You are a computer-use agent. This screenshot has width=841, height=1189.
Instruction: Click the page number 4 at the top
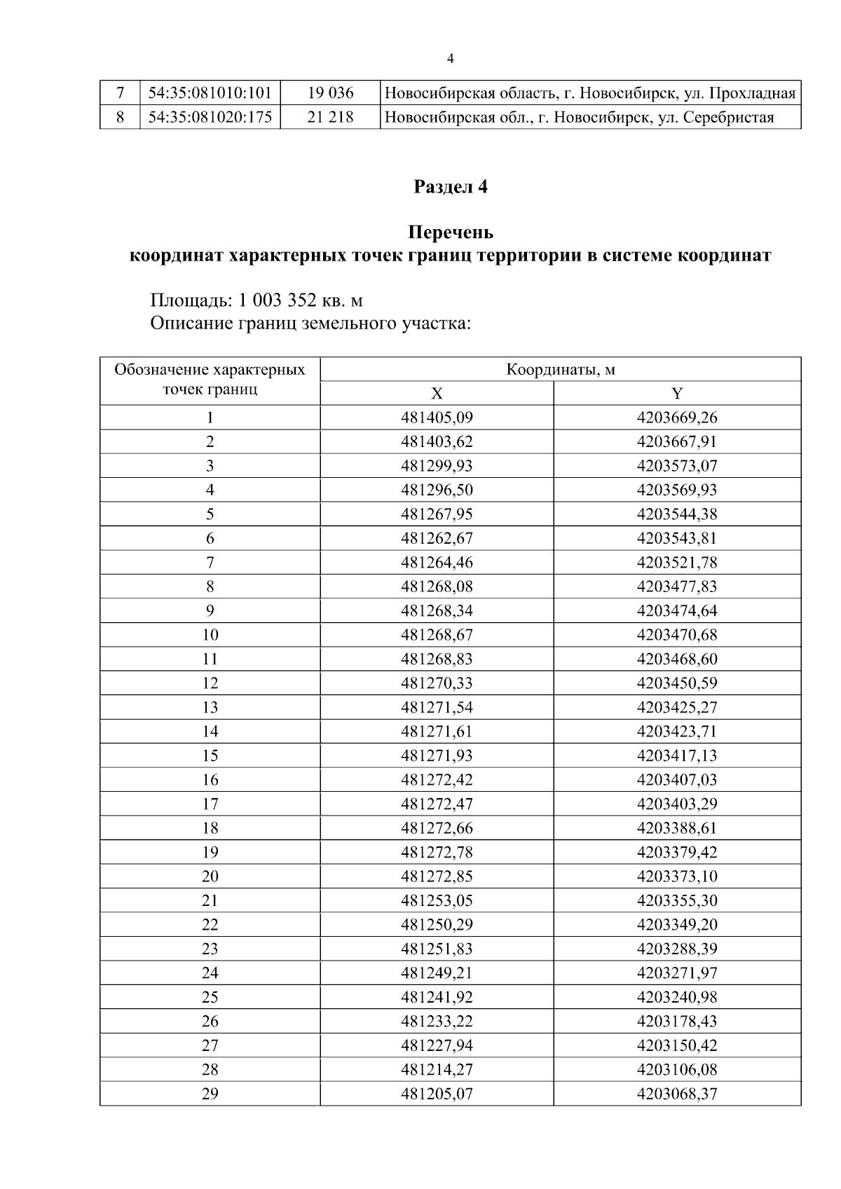[x=450, y=59]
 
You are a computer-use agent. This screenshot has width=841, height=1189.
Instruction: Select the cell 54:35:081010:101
[x=210, y=92]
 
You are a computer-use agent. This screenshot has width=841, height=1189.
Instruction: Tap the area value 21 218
[x=330, y=117]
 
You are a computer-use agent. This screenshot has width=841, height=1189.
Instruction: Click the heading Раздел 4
[x=450, y=187]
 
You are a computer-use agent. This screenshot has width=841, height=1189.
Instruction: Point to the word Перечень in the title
[x=450, y=232]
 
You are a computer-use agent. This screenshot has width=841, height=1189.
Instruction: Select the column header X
[x=437, y=394]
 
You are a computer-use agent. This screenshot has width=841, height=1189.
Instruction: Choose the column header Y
[x=677, y=394]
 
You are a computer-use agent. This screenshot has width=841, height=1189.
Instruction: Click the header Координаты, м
[x=561, y=370]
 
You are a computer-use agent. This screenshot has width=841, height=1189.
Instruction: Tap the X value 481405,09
[x=437, y=418]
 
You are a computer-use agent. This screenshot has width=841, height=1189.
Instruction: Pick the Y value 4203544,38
[x=677, y=515]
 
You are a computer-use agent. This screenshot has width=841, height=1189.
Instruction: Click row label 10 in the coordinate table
[x=210, y=635]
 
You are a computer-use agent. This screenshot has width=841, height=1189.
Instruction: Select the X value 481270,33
[x=437, y=684]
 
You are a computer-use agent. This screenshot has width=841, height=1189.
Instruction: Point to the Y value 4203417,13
[x=677, y=756]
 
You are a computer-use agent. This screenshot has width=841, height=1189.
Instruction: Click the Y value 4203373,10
[x=677, y=877]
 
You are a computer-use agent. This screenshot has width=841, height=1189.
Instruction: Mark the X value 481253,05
[x=437, y=901]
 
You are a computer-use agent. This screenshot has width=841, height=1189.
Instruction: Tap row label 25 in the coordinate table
[x=210, y=998]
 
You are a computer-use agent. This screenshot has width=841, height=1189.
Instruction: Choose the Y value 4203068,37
[x=677, y=1094]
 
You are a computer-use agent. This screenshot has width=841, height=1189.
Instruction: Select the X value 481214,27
[x=437, y=1070]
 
